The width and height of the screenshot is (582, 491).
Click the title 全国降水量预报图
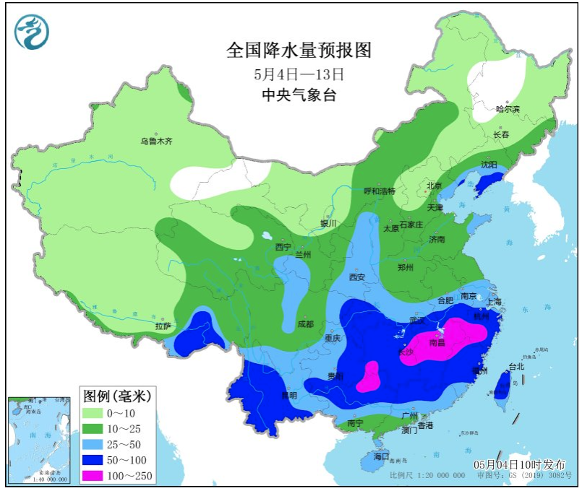299,50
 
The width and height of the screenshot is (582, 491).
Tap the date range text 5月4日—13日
299,74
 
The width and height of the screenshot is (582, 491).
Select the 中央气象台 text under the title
299,95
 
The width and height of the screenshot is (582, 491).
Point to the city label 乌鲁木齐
157,142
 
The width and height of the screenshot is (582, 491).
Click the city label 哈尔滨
508,109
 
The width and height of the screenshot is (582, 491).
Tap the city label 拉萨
163,326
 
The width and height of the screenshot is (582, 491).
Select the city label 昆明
289,395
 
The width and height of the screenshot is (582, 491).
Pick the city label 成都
306,324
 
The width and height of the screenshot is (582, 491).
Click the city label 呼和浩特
379,191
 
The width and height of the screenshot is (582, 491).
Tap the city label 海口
381,456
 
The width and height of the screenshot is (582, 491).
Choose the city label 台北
516,366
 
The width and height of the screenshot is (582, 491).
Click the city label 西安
357,277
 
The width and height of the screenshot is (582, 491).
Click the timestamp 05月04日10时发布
515,464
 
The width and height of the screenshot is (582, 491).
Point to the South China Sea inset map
40,439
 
